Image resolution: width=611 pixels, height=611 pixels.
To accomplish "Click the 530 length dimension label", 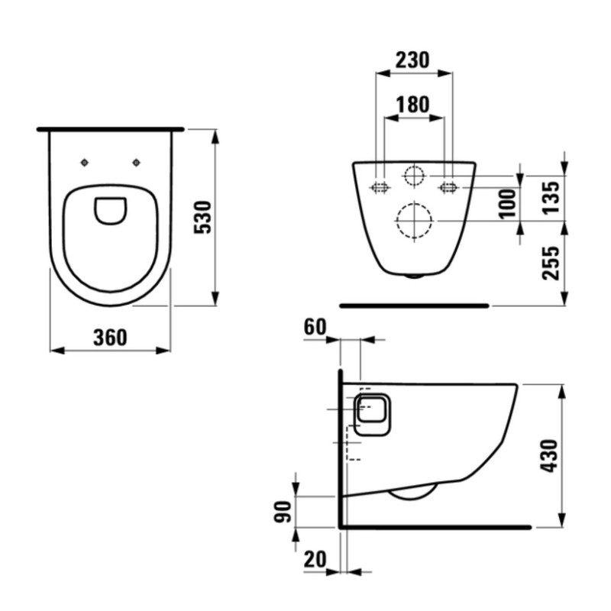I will (202, 218).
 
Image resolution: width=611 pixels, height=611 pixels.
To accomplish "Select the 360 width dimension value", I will (110, 337).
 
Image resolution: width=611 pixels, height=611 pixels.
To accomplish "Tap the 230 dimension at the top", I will (413, 60).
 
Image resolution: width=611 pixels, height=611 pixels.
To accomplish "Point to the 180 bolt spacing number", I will (413, 105).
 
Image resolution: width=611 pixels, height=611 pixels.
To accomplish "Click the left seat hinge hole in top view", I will (85, 162).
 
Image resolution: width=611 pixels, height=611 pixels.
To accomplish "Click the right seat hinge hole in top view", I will (137, 162).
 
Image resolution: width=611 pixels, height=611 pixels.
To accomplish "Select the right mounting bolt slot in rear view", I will (448, 186).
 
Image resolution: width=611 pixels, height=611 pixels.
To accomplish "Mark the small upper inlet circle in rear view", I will (414, 176).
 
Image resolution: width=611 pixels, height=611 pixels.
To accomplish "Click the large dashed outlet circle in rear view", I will (414, 221).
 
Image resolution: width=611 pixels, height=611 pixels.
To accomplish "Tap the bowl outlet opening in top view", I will (111, 211).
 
